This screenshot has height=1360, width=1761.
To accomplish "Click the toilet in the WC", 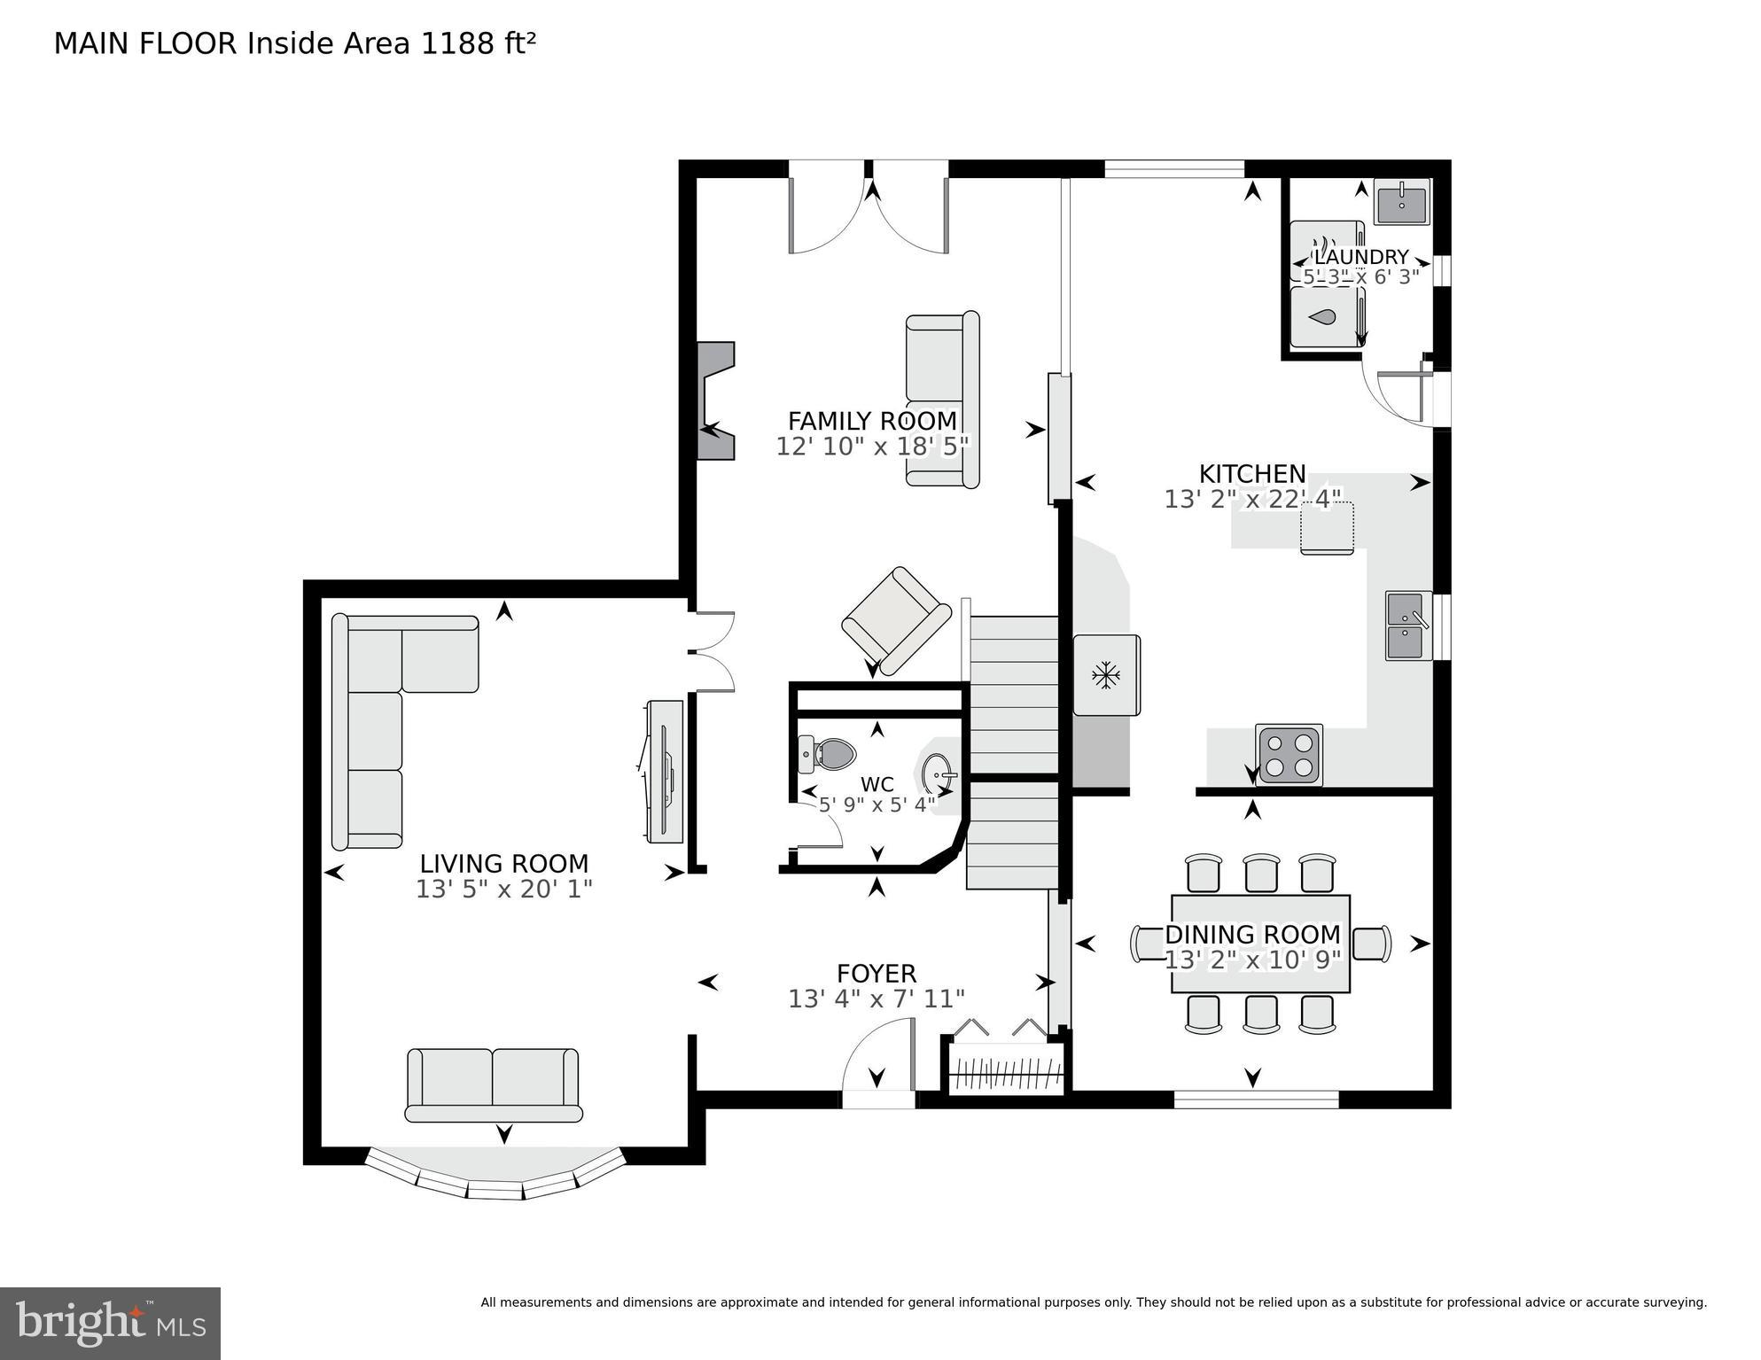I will [829, 754].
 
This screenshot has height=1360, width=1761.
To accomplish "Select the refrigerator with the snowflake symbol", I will [1106, 675].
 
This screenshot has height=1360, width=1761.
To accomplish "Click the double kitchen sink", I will [1407, 626].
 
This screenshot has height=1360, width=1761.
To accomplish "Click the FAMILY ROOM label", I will [872, 420].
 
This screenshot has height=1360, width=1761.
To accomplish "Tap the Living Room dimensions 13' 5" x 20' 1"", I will [503, 889].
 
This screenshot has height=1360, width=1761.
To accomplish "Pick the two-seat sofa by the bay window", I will [493, 1085].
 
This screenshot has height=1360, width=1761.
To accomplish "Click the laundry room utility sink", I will [1401, 202].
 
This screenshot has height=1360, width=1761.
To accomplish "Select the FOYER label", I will [876, 973].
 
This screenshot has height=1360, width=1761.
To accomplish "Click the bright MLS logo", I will [110, 1323].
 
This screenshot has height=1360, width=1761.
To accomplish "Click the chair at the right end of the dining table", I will [1372, 944].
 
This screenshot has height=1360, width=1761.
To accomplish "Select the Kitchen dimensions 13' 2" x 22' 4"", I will [1251, 500].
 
